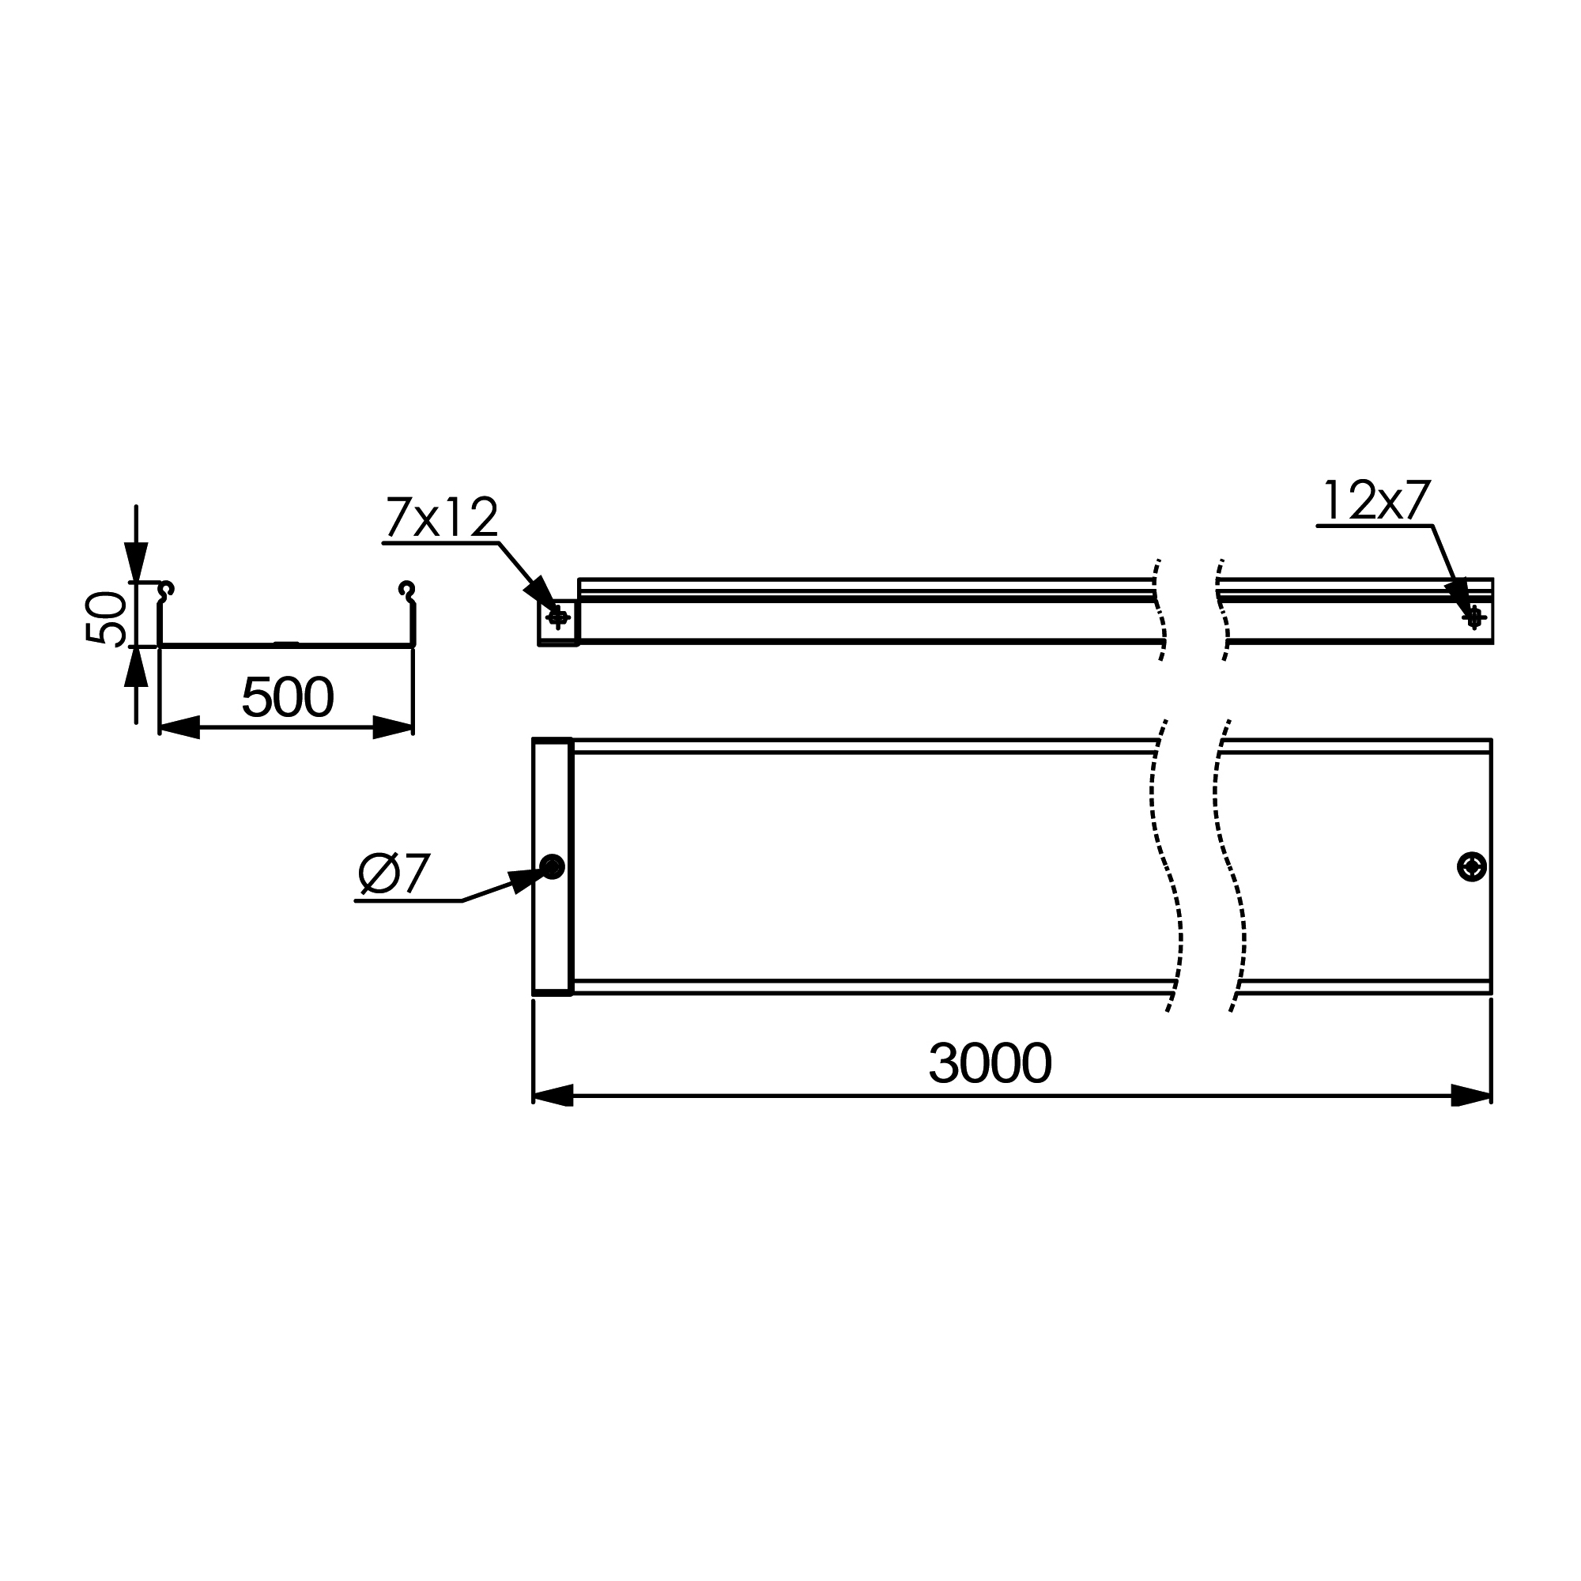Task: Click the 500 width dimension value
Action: point(287,696)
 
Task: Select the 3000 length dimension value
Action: point(990,1063)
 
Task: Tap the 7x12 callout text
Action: point(442,517)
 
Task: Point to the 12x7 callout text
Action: point(1376,500)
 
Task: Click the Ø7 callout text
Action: point(394,874)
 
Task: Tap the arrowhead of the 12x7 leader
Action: point(1458,594)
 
